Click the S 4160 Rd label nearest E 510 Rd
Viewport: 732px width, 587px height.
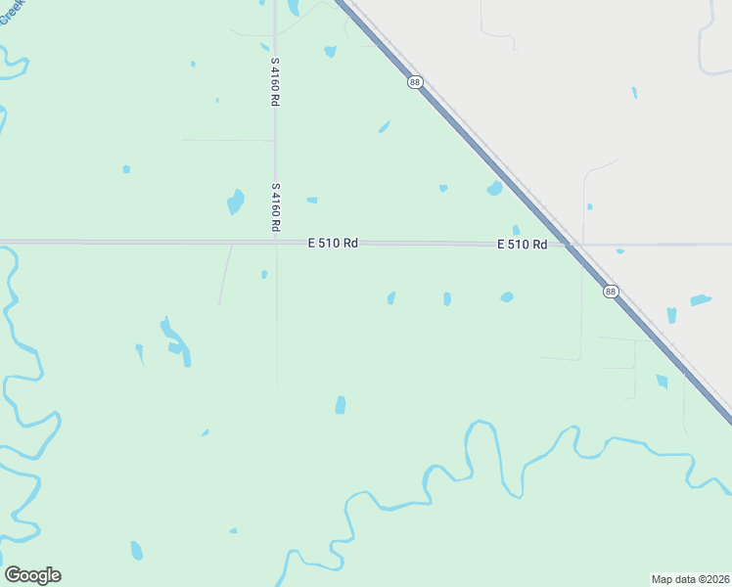(276, 206)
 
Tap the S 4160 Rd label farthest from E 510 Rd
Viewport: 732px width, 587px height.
(276, 82)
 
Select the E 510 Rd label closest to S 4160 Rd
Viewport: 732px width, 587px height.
(332, 243)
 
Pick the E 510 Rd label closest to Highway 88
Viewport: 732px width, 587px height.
(522, 245)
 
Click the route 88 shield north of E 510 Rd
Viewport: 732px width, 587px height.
(416, 82)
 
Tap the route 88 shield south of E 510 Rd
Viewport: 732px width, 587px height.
(611, 292)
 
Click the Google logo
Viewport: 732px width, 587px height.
(32, 575)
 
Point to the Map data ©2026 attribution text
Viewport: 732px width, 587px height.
(690, 578)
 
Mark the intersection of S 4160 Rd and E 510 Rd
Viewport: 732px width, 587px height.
(276, 242)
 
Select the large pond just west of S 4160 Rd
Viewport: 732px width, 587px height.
(236, 202)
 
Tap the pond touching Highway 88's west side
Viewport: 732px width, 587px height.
(495, 188)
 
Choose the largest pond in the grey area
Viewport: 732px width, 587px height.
(700, 300)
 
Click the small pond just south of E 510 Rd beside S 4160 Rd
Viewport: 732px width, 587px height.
(264, 274)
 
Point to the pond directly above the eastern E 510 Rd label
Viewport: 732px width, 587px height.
(516, 230)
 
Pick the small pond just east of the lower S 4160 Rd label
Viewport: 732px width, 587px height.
(312, 200)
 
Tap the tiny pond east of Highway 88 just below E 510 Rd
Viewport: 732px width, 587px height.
(620, 251)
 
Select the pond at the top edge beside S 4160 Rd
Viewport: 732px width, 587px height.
(293, 7)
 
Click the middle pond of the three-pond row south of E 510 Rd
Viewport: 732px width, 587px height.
(447, 298)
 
